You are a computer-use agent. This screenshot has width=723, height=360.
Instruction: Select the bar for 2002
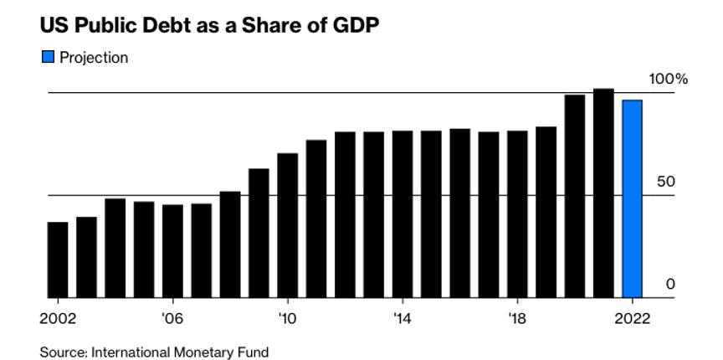click(x=58, y=260)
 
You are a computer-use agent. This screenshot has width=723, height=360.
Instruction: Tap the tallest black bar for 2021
click(x=603, y=193)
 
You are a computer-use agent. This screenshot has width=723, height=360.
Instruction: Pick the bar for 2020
click(x=575, y=197)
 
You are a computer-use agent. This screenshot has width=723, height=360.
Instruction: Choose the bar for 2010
click(x=288, y=225)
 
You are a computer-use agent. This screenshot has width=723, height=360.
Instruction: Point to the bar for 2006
click(x=172, y=251)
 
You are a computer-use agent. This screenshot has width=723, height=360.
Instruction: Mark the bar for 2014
click(x=403, y=214)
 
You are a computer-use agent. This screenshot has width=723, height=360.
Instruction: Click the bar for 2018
click(x=517, y=214)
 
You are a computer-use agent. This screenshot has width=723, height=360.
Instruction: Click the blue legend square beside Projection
click(x=47, y=58)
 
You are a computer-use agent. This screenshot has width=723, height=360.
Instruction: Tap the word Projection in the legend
click(x=94, y=58)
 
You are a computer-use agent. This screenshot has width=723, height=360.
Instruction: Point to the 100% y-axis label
click(x=669, y=80)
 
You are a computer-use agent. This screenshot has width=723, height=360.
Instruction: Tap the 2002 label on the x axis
click(x=58, y=319)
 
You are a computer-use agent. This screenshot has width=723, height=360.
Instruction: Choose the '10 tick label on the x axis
click(x=288, y=319)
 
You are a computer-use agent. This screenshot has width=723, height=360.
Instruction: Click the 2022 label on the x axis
click(x=633, y=319)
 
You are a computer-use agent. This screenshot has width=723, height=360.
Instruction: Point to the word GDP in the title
click(x=356, y=25)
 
